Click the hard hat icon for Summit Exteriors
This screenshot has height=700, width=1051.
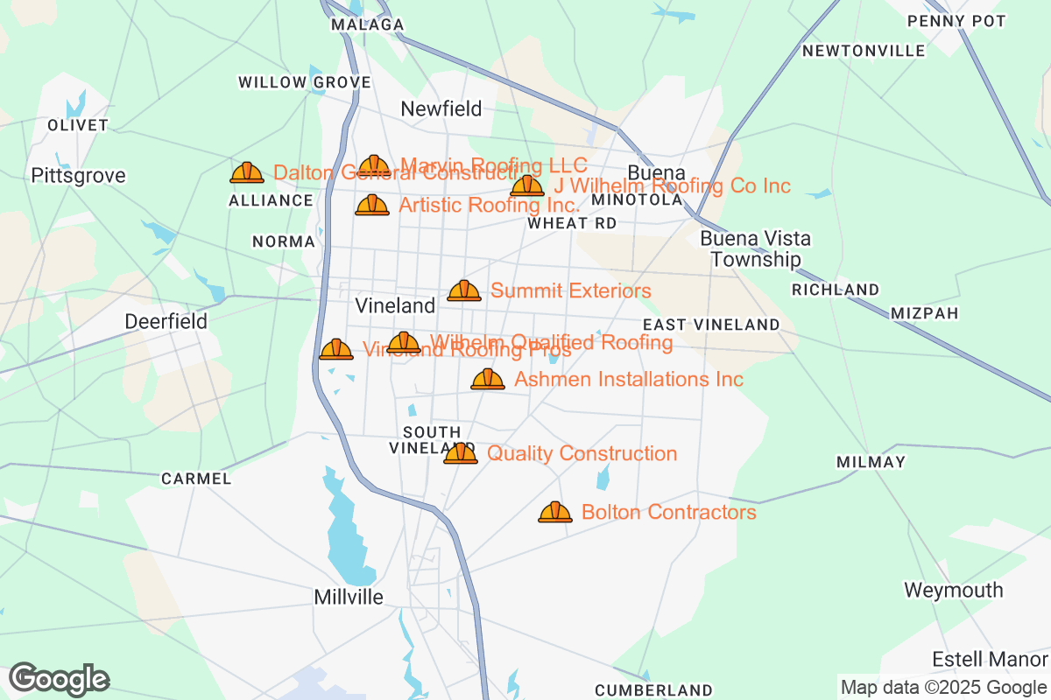pos(463,290)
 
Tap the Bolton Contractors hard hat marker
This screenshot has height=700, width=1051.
pos(554,512)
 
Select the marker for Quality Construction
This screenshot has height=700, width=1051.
pos(460,453)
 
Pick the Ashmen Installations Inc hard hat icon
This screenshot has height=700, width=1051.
pos(487,379)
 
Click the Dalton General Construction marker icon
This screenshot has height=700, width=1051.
pos(247,172)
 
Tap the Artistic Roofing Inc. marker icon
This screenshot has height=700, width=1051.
pos(371,205)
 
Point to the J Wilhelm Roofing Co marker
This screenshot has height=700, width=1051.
pos(526,185)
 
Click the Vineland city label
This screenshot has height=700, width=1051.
pos(395,305)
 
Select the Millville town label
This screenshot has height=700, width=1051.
pos(349,597)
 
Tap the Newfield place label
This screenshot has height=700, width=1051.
pos(441,108)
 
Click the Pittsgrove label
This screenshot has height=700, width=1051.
pos(78,176)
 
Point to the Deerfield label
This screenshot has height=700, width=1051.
pos(166,321)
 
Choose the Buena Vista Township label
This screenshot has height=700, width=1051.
pos(755,248)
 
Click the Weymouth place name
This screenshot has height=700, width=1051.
pos(953,590)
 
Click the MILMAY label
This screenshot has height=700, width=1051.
pos(870,461)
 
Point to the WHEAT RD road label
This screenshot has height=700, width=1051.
pos(572,223)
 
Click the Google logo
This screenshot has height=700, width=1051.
pos(59,679)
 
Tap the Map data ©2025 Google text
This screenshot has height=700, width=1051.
pos(943,687)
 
